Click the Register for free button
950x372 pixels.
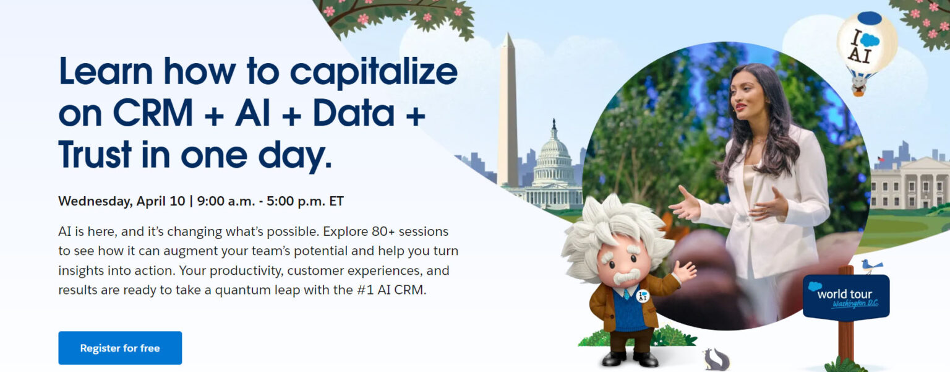coord(120,348)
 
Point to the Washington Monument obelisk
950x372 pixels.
coord(508,111)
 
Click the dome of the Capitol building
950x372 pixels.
coord(554,149)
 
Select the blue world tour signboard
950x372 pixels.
coord(846,297)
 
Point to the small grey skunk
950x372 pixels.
coord(716,360)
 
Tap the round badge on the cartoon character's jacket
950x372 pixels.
coord(643,296)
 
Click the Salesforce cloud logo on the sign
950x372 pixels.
coord(815,287)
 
